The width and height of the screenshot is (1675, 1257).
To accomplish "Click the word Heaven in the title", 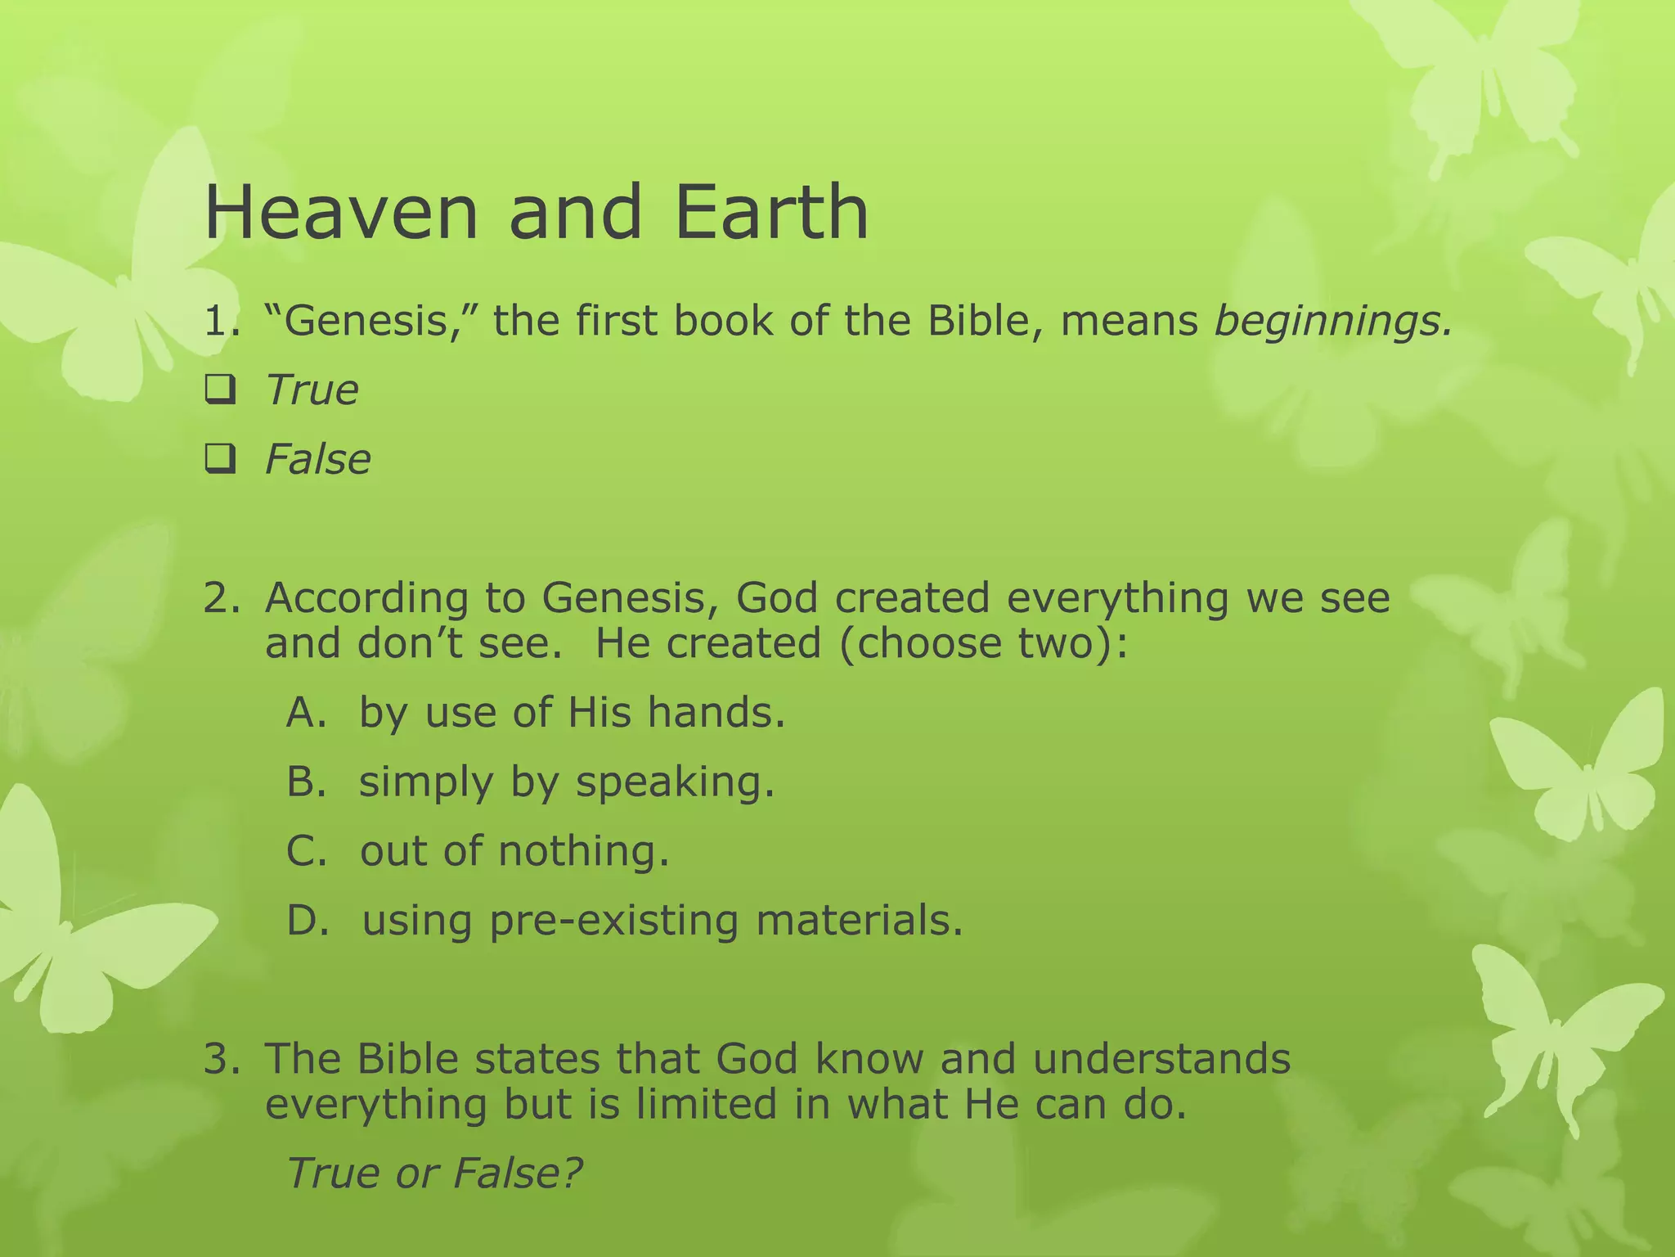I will coord(340,213).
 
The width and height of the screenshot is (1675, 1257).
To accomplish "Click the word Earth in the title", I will coord(771,213).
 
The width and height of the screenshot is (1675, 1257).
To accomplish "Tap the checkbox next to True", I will coord(220,390).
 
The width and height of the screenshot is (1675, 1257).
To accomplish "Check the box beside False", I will coord(220,459).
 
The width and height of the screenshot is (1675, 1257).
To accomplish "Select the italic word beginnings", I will coord(1333,321).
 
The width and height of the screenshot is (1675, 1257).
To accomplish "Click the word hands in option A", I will coord(716,712).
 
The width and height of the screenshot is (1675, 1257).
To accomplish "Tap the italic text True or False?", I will coord(433,1173).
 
